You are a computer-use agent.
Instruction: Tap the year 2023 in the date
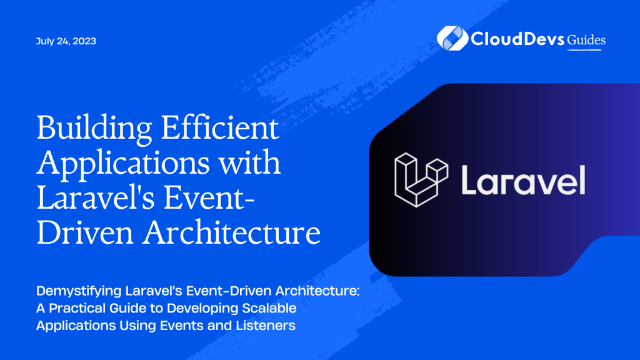85,41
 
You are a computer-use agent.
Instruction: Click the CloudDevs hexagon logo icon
449,38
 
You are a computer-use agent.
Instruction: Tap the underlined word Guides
586,40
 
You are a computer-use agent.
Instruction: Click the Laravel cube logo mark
421,179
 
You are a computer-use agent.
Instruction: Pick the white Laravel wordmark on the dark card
522,180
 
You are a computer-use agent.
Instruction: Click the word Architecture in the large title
231,232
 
